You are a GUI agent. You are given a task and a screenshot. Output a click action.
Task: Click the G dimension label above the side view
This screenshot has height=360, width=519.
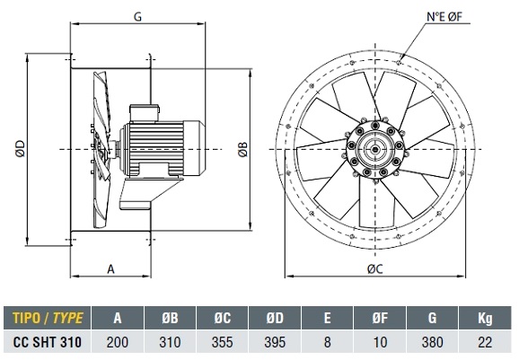pos(137,16)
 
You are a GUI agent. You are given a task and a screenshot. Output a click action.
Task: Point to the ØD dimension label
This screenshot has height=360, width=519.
pos(20,148)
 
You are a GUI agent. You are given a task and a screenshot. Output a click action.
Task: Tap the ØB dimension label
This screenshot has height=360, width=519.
pos(242,149)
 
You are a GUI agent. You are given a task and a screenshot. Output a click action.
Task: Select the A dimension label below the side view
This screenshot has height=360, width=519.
pos(110,269)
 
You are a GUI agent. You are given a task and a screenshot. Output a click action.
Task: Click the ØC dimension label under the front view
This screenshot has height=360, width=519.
pos(375,269)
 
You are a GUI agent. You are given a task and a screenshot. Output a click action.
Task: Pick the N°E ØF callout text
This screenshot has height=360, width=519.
pos(444,16)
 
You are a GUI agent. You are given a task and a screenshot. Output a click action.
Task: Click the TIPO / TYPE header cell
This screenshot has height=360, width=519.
pos(48,318)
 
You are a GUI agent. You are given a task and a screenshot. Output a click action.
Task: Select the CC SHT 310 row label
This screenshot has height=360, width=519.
pos(48,342)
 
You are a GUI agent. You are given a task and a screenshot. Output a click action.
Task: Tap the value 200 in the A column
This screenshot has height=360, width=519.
pos(118,342)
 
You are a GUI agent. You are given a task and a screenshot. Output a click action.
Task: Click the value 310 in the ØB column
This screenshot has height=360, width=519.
pos(170,342)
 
